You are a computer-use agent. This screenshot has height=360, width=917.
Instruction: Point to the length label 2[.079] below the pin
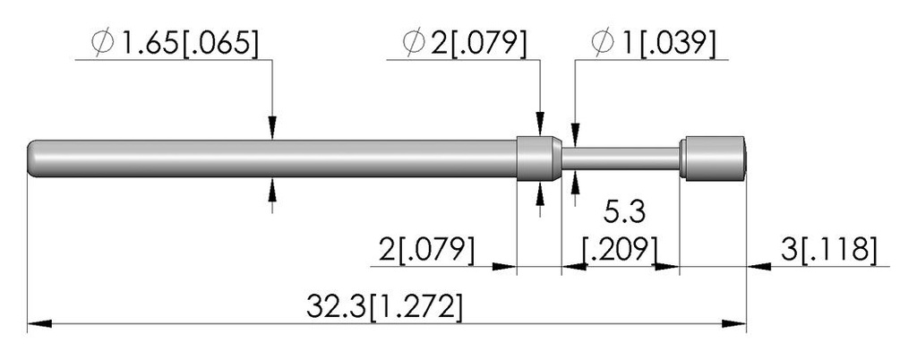(426, 251)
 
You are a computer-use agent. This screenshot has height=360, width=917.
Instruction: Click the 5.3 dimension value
(624, 213)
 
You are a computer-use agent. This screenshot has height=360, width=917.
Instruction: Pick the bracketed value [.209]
(621, 251)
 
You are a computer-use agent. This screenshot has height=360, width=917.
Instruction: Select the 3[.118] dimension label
(828, 251)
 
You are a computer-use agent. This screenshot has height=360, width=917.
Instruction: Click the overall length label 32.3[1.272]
(384, 307)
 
